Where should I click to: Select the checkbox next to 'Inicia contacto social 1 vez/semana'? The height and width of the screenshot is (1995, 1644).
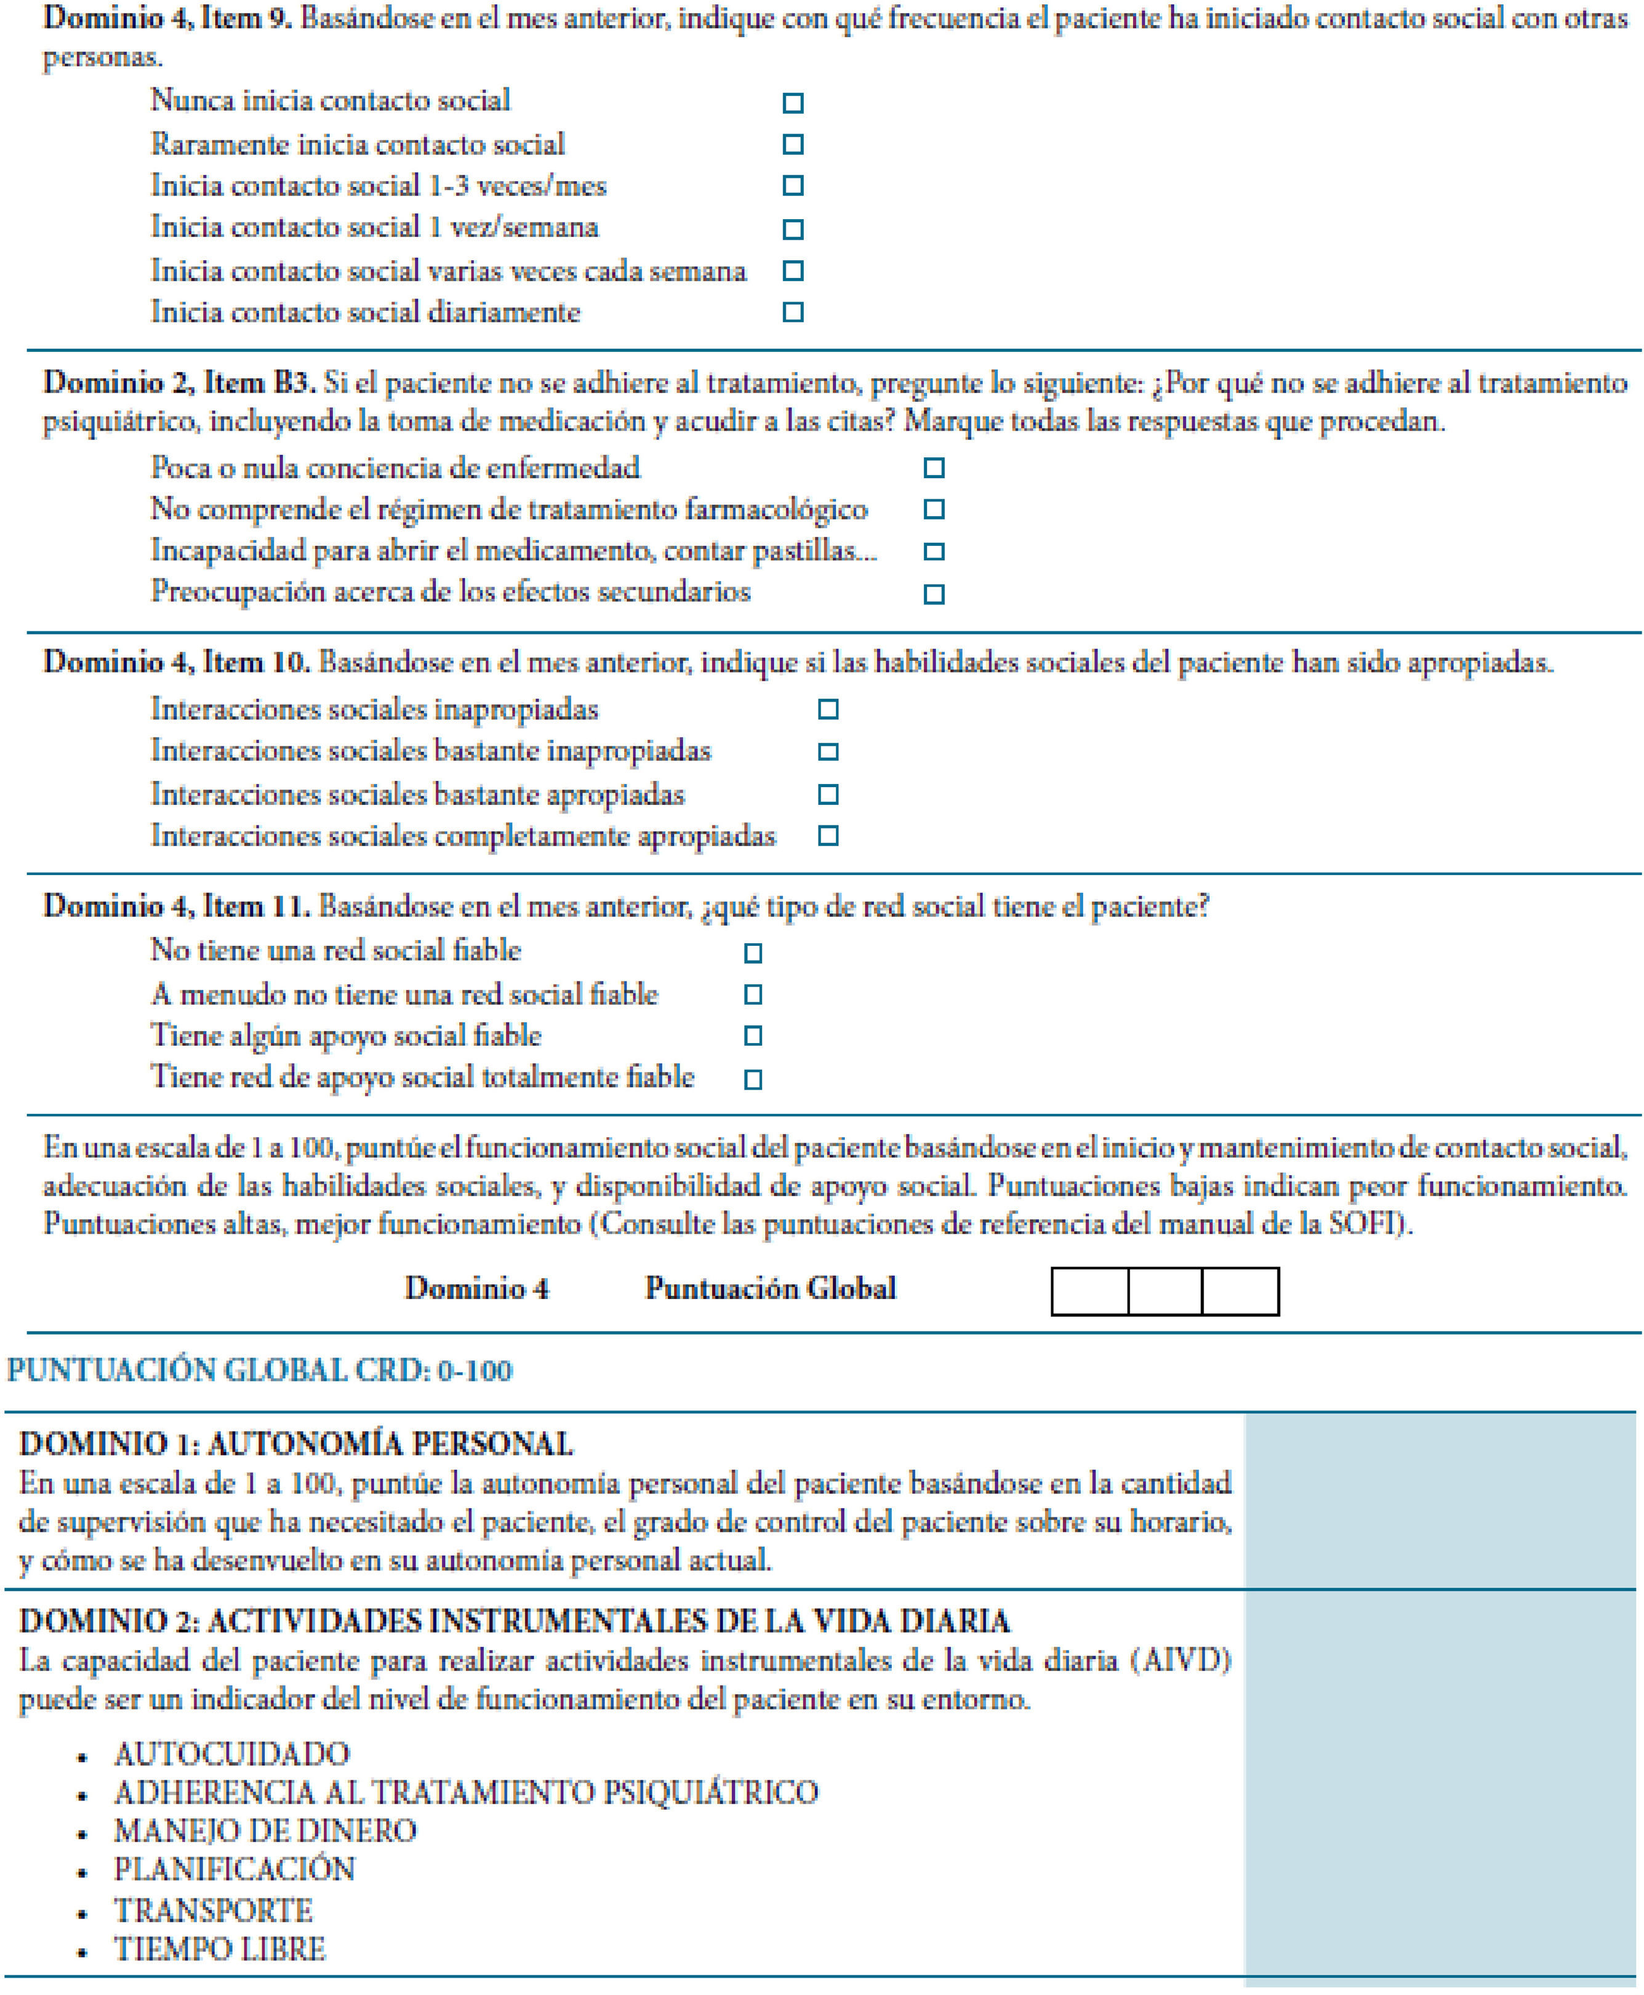tap(793, 229)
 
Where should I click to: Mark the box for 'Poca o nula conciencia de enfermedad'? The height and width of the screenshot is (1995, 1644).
tap(934, 468)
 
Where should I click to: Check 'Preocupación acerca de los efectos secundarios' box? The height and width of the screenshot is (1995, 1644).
tap(934, 594)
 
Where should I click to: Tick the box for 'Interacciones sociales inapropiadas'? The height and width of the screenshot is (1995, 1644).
tap(828, 709)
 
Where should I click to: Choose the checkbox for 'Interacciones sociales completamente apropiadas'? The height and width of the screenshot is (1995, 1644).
tap(828, 836)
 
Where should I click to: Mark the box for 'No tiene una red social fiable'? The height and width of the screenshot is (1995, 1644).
tap(753, 953)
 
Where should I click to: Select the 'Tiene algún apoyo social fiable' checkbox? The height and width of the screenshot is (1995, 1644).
tap(753, 1036)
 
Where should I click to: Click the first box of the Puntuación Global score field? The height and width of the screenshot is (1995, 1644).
tap(1090, 1292)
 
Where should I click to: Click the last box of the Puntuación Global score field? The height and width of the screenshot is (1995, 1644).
tap(1241, 1292)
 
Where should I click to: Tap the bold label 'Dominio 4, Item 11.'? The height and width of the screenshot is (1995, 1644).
tap(176, 907)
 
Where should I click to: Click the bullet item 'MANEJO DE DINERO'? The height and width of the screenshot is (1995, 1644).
tap(265, 1830)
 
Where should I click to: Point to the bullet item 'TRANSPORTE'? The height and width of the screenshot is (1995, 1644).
tap(213, 1910)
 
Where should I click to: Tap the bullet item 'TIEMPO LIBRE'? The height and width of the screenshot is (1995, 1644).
tap(220, 1949)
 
